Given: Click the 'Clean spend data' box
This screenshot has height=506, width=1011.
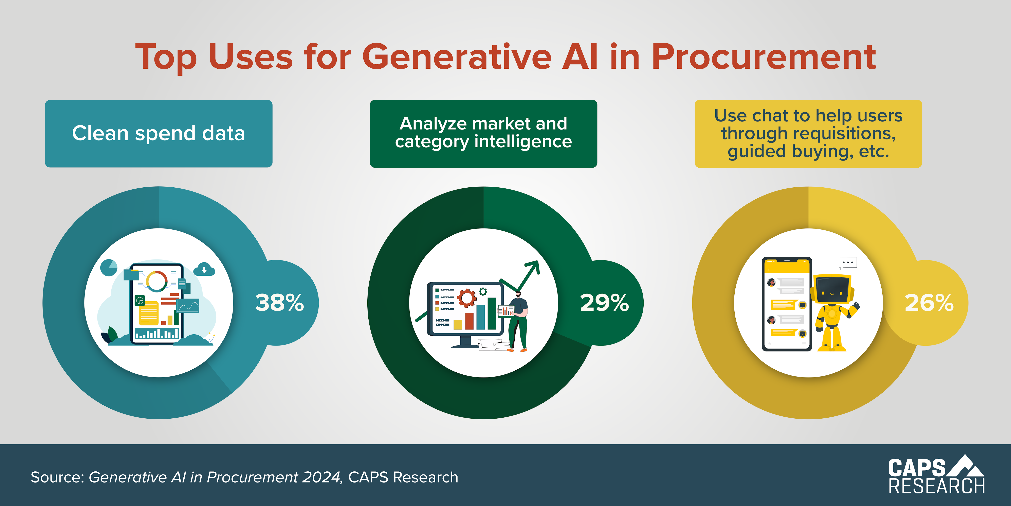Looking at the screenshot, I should [159, 134].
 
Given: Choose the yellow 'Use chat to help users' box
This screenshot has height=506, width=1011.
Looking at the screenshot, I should [808, 134].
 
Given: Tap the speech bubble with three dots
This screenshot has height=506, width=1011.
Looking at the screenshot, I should [848, 263].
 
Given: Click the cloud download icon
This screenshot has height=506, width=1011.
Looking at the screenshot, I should [204, 270].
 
